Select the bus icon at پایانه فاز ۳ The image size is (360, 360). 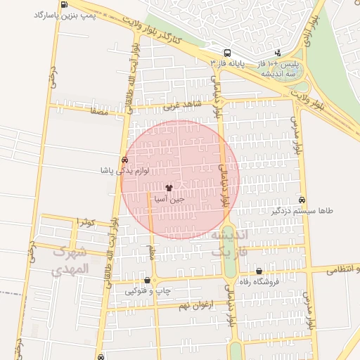point(226,53)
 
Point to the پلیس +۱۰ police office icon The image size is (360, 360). point(278,53)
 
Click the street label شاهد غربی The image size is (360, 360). point(182,107)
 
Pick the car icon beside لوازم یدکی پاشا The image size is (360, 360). point(124,160)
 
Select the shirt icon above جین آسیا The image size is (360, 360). point(168,188)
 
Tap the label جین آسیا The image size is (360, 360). point(172,199)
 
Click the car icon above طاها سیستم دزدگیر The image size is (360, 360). point(302,200)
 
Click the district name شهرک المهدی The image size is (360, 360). point(72,260)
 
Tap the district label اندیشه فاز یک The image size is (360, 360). point(229,242)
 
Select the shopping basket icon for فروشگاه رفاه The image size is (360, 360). point(259,271)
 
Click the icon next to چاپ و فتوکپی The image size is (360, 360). point(146,281)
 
